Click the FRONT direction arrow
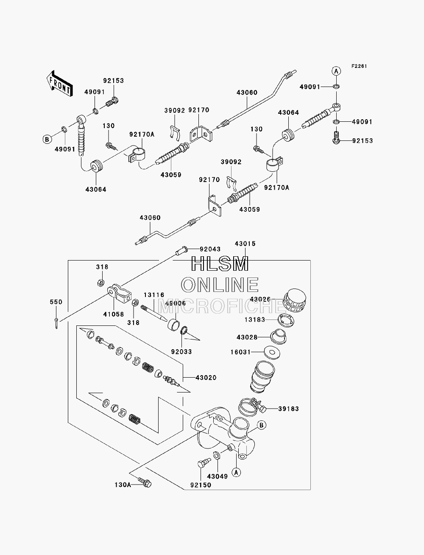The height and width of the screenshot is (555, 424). point(59,84)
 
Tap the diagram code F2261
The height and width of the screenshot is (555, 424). point(359,66)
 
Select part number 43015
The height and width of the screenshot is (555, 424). point(245,244)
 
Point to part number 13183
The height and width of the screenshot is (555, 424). point(255,320)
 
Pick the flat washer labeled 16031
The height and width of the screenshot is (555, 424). point(272,352)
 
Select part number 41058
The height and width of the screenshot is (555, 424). point(114,314)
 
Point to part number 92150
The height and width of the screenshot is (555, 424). point(201,485)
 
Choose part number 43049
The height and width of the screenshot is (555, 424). point(218,477)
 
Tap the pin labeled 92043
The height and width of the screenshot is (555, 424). point(181,251)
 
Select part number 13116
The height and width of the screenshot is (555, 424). point(154,295)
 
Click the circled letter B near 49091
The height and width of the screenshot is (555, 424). point(47,139)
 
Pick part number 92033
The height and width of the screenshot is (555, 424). point(181,351)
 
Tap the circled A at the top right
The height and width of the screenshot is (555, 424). point(336,71)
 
